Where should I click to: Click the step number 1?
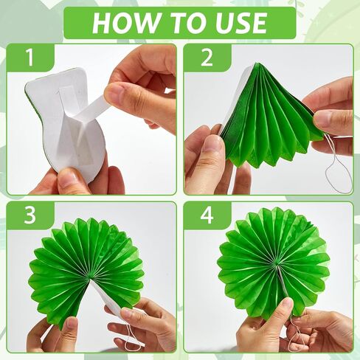click(x=30, y=58)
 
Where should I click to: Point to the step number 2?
click(x=207, y=58)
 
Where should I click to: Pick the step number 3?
click(x=30, y=215)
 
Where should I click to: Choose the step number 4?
click(x=207, y=215)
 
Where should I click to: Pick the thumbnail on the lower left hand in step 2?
click(x=212, y=145)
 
